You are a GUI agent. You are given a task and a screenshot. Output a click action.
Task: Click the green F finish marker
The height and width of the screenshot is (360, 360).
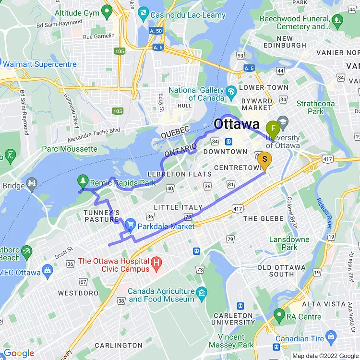(x=273, y=129)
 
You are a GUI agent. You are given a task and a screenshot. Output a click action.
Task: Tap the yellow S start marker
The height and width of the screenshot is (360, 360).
(x=264, y=159)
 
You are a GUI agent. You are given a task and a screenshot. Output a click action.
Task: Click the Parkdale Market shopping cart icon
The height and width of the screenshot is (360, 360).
(x=130, y=225)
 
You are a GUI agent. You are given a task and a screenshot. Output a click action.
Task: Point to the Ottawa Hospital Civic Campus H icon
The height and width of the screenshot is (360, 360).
(x=156, y=263)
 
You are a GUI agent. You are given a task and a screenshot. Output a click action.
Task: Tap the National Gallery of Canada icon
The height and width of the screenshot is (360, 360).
(x=231, y=91)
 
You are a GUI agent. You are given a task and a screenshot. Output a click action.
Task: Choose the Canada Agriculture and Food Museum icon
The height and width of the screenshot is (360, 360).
(x=202, y=292)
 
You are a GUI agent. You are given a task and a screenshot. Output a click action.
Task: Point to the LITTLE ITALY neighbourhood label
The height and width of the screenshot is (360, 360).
(x=178, y=207)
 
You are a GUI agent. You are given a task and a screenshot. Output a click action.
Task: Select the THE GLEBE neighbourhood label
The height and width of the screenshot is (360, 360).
(x=264, y=218)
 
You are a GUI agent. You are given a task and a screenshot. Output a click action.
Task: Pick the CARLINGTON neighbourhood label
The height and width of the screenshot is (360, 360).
(x=119, y=345)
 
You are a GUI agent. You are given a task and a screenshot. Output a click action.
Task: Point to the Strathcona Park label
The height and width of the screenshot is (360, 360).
(x=315, y=107)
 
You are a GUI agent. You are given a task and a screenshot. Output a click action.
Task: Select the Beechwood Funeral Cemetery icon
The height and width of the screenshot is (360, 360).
(x=337, y=20)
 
